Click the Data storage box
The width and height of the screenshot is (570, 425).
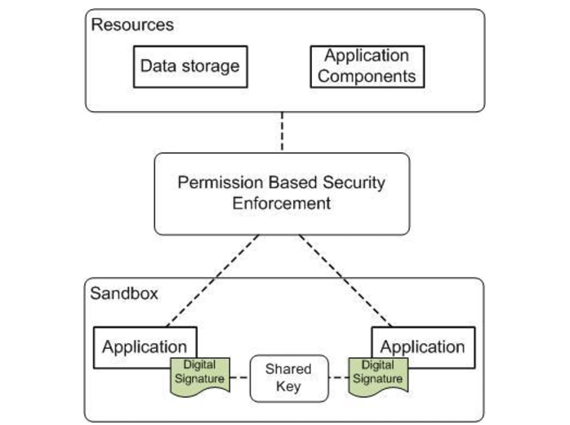[x=190, y=65]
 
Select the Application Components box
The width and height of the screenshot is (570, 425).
[x=367, y=66]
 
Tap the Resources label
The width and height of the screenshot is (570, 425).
[x=132, y=25]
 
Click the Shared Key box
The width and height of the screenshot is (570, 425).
[x=288, y=378]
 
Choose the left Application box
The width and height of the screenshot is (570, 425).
[x=145, y=346]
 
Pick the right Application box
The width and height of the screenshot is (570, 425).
[x=421, y=346]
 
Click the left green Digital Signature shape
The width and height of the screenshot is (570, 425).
[x=199, y=373]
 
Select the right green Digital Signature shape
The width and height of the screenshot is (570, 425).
[x=376, y=372]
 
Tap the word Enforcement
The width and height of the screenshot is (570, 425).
[x=282, y=203]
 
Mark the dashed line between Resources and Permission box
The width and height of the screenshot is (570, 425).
[x=283, y=132]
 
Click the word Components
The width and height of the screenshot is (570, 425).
[x=367, y=77]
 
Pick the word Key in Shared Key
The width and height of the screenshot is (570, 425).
[x=288, y=386]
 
